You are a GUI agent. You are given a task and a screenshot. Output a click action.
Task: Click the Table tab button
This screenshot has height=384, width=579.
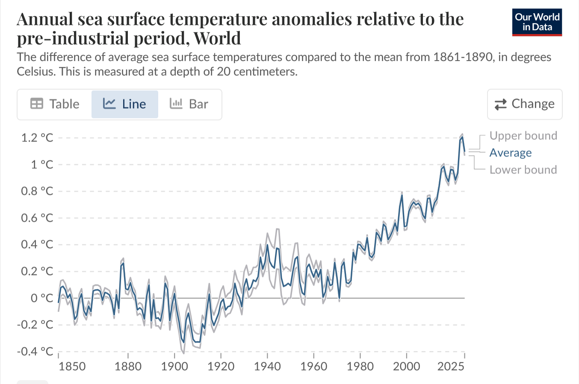click(55, 104)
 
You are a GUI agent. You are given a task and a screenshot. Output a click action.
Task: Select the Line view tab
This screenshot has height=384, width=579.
click(124, 104)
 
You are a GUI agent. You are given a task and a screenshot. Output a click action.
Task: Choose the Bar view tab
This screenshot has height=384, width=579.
click(189, 104)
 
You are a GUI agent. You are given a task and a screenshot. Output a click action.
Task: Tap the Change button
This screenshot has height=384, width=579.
click(524, 104)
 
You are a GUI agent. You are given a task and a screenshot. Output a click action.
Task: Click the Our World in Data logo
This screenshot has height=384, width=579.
click(537, 22)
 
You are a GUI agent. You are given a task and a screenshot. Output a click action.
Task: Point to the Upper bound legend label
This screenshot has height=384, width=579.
click(523, 136)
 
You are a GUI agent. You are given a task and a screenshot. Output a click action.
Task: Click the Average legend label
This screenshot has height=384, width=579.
click(510, 153)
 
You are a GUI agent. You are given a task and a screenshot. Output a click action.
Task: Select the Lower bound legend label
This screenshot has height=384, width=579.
click(523, 170)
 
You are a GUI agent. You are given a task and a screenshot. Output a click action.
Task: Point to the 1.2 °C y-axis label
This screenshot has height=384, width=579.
click(37, 138)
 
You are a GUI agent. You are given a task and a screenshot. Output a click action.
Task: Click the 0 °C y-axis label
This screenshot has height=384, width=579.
click(42, 298)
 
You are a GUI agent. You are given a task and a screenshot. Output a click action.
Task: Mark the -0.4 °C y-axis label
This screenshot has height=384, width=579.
click(35, 352)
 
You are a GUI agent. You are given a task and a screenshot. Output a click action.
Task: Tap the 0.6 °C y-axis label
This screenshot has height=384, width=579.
click(37, 218)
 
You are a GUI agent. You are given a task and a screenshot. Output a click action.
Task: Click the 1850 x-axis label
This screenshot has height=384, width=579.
click(72, 366)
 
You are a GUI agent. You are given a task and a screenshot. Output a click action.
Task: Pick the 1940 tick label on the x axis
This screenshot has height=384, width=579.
click(267, 366)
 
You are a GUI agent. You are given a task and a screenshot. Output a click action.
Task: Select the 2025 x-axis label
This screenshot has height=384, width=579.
click(451, 366)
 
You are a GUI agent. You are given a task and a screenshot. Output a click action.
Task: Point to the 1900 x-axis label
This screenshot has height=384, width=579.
click(174, 366)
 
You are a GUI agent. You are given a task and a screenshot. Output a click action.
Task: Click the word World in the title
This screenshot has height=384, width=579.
click(217, 38)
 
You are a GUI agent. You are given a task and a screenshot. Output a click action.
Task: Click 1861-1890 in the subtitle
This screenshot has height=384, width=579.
click(462, 57)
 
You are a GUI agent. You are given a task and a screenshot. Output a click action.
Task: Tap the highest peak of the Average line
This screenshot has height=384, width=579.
click(462, 137)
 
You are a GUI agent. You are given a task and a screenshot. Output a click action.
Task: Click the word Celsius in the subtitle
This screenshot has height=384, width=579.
click(36, 71)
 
